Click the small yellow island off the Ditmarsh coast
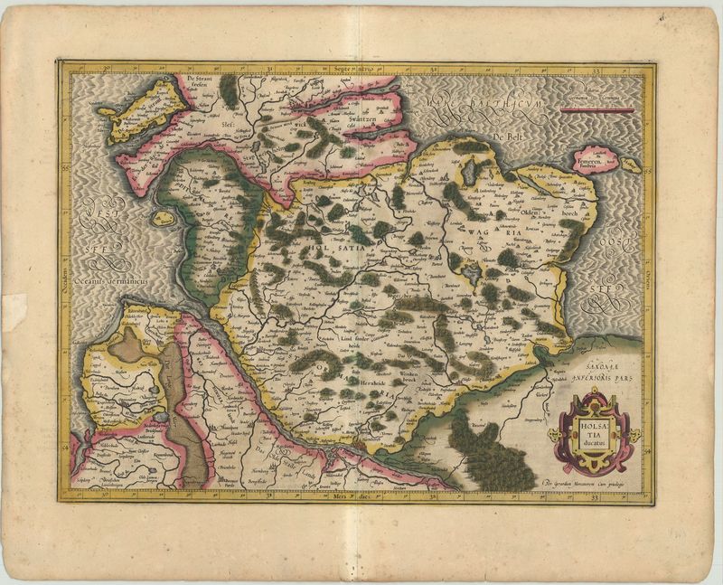162,218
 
